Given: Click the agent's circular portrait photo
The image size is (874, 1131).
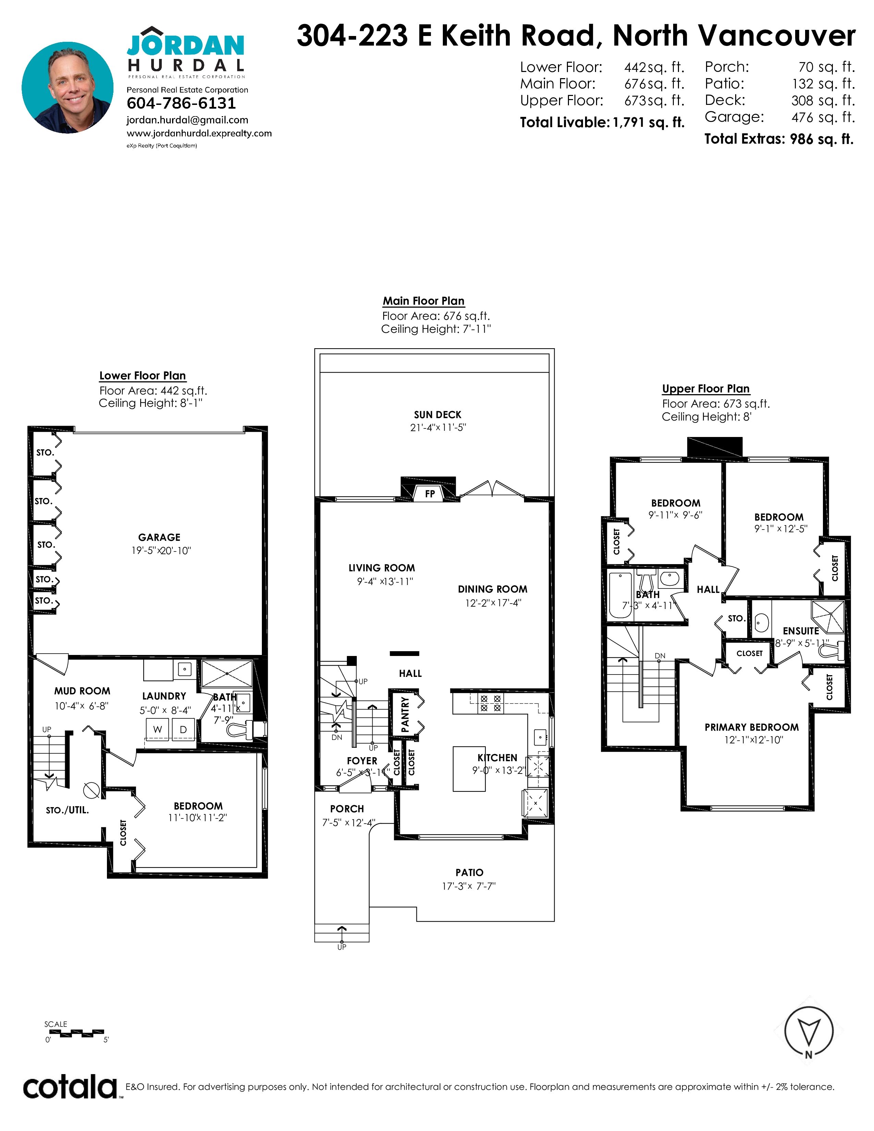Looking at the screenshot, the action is [67, 87].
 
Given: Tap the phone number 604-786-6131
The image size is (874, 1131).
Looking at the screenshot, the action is [181, 104].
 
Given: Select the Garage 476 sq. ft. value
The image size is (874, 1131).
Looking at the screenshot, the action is [823, 118].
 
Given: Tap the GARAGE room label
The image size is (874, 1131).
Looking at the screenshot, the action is [159, 537].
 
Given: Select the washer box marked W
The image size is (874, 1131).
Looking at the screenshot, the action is [157, 729].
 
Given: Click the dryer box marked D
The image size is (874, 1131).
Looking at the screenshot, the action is [183, 729].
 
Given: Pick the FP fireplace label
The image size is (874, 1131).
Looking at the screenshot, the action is [430, 494].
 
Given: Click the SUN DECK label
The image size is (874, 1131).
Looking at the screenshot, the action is [438, 415].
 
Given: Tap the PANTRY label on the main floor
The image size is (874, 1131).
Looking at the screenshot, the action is [405, 715].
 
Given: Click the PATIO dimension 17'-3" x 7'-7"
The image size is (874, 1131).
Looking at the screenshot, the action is [469, 886].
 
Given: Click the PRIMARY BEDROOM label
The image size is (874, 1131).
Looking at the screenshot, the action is [751, 727].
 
